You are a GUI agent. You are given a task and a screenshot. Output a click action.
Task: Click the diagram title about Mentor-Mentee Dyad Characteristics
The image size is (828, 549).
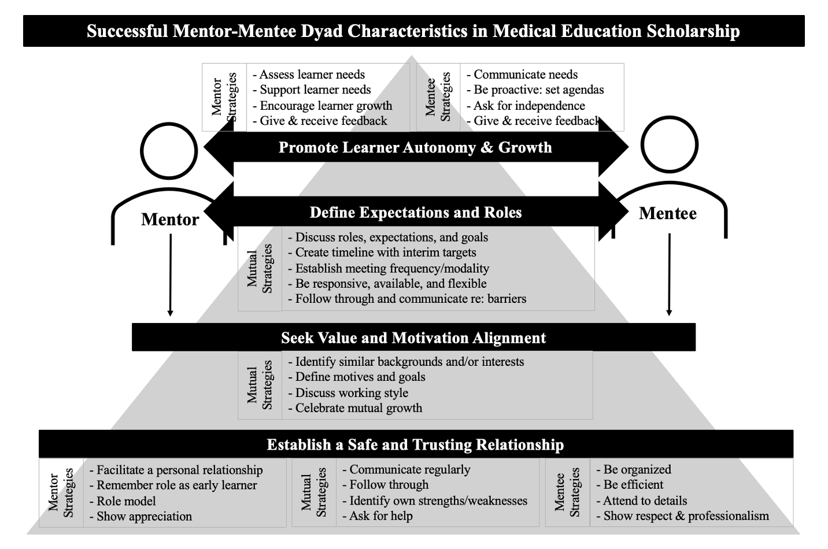[413, 31]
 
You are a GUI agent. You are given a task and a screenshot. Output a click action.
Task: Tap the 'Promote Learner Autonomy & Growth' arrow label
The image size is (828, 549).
[415, 147]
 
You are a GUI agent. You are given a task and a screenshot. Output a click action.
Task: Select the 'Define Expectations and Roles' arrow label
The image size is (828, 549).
[416, 213]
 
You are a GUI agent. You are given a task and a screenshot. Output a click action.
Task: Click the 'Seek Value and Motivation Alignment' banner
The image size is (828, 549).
[413, 337]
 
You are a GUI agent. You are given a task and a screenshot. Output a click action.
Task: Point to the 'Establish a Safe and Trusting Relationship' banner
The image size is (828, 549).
[416, 444]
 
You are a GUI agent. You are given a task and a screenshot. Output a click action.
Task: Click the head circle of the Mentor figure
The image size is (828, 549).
[169, 124]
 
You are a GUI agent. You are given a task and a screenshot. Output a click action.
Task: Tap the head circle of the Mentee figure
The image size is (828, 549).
[670, 117]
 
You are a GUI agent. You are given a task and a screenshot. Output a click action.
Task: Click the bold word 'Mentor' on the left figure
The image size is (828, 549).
[170, 220]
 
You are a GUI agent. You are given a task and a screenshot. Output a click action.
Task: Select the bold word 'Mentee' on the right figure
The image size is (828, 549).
[668, 213]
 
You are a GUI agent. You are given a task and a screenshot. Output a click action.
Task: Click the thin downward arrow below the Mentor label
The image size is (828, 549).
[171, 275]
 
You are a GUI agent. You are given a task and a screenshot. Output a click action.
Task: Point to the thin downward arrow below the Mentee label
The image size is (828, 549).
[669, 274]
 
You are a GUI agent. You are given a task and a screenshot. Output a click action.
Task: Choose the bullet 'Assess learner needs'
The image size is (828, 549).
[309, 74]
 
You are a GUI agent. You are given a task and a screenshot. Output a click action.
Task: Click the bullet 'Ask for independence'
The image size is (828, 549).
[526, 106]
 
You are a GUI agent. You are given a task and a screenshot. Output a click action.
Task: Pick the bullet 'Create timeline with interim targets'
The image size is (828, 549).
[382, 253]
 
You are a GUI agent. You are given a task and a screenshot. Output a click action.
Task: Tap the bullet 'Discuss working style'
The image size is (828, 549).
[348, 392]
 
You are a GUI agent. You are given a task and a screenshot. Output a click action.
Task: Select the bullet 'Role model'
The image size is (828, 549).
[123, 501]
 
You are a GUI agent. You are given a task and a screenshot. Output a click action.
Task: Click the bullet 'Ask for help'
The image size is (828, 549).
[378, 515]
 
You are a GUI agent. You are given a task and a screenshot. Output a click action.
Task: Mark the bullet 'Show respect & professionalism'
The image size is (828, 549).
[683, 515]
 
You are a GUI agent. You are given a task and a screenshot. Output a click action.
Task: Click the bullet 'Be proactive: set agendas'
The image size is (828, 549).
[535, 90]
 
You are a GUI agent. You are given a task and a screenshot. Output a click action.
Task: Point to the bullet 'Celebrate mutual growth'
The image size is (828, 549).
[355, 408]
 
